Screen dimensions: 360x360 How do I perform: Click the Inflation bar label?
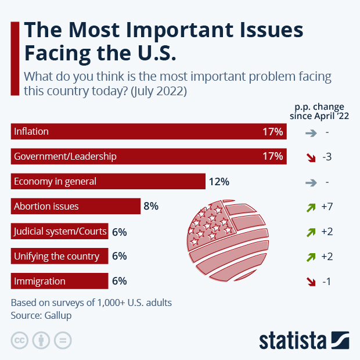pos(31,132)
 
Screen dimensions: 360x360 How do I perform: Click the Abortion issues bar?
pos(76,206)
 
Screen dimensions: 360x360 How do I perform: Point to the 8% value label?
pos(151,206)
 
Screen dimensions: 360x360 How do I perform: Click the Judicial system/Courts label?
pos(60,232)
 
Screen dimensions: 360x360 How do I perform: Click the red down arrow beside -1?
pos(311,281)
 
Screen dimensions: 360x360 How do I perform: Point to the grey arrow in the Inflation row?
pos(311,132)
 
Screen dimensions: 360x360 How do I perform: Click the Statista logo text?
pos(293,340)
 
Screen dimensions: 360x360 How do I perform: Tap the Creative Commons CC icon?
pos(20,340)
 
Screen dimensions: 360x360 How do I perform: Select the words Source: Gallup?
pos(41,315)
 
